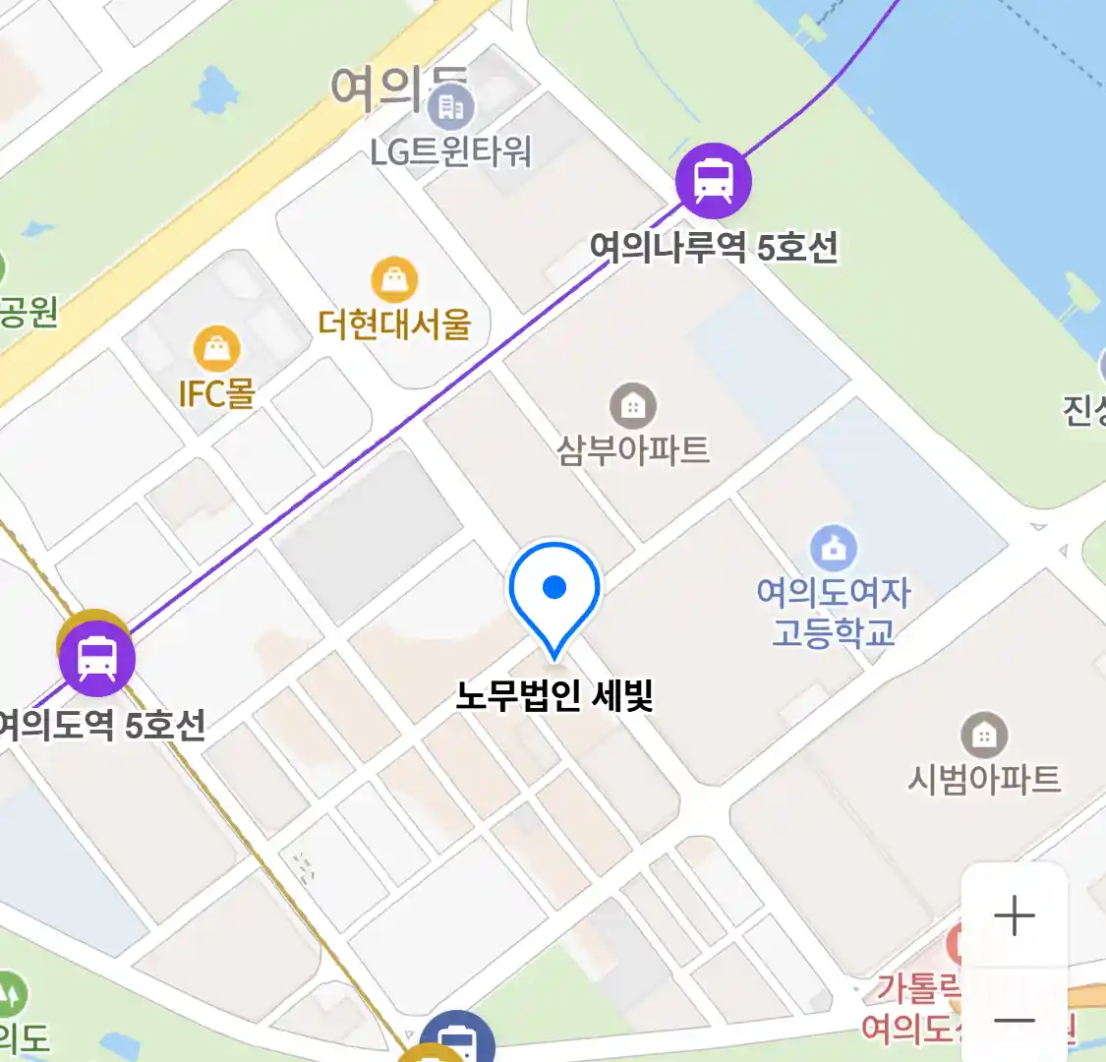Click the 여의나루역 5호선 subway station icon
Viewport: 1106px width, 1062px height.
tap(713, 181)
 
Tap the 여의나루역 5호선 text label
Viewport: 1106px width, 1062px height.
tap(714, 247)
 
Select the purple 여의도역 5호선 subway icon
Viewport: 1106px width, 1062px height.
tap(96, 659)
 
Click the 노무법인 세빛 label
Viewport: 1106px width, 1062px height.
tap(554, 696)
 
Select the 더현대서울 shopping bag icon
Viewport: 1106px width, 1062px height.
tap(394, 280)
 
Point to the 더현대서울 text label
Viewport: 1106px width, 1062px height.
tap(394, 324)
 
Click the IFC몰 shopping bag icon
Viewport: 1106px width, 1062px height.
tap(217, 348)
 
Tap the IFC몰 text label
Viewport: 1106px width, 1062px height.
tap(217, 393)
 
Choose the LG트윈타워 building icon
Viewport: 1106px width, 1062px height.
tap(451, 107)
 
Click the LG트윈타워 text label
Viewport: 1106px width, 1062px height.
tap(451, 151)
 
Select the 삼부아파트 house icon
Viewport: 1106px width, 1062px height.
tap(633, 405)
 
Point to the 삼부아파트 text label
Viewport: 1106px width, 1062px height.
tap(633, 450)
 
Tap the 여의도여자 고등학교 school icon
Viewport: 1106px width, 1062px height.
tap(834, 549)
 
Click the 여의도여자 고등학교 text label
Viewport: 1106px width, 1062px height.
tap(834, 612)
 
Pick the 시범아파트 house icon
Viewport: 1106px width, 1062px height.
tap(983, 735)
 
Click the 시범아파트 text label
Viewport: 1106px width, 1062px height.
tap(983, 780)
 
